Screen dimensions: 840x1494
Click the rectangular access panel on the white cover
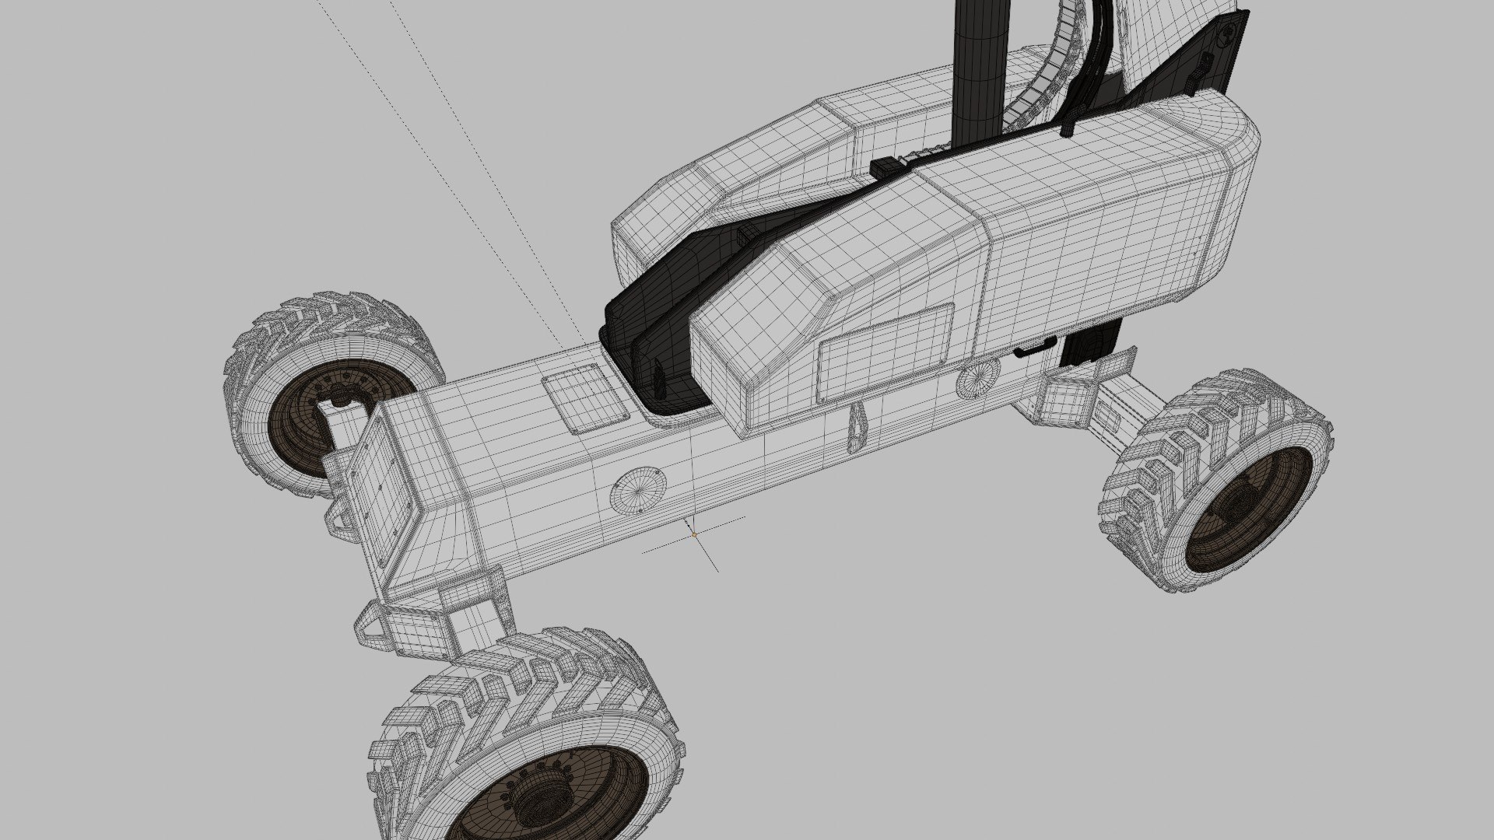coord(886,353)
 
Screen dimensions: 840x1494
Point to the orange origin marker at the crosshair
coord(694,535)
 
